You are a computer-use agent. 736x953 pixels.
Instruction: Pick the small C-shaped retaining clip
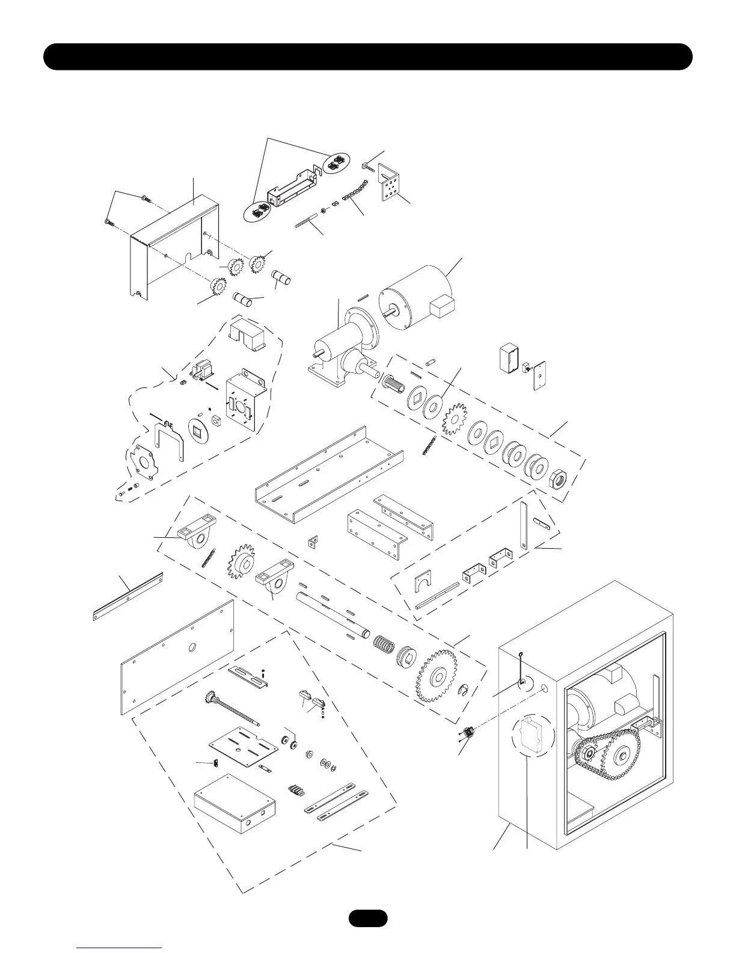[x=465, y=690]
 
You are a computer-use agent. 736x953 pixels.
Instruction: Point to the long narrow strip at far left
[x=127, y=595]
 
